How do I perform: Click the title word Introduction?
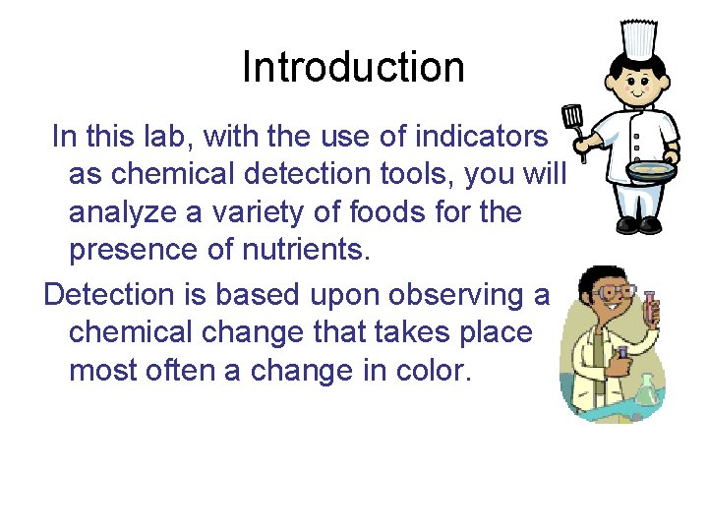(353, 68)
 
